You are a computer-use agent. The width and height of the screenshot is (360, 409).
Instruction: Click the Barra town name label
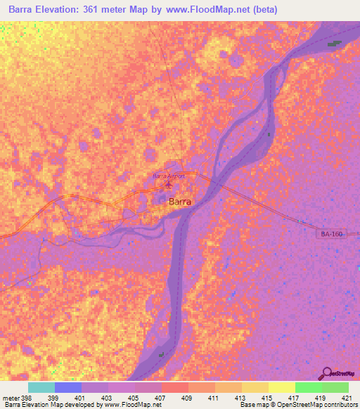click(x=180, y=201)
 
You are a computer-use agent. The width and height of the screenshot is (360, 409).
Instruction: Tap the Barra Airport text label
click(x=169, y=176)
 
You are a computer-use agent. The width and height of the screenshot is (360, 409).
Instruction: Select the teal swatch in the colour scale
click(x=41, y=387)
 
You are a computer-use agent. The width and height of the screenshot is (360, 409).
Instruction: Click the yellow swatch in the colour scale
click(x=281, y=387)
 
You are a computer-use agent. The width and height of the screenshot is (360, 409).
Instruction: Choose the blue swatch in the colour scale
click(x=68, y=387)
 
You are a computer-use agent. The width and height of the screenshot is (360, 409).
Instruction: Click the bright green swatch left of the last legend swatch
click(x=308, y=387)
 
